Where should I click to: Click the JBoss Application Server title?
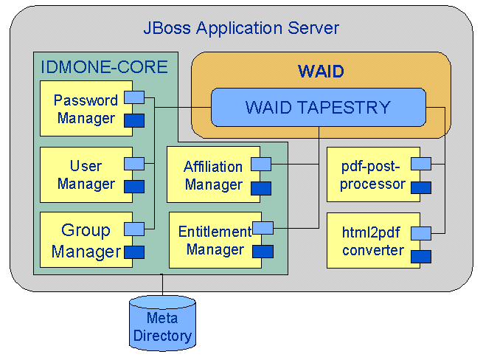click(x=241, y=28)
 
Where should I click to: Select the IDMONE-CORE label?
click(x=104, y=67)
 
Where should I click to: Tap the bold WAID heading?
click(x=321, y=72)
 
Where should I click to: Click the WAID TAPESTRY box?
click(x=319, y=107)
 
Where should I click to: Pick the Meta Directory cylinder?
click(x=162, y=323)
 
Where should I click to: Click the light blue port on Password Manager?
click(x=134, y=97)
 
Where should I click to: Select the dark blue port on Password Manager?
click(x=134, y=120)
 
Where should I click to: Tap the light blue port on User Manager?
click(x=134, y=164)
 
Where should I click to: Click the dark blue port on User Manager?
click(x=134, y=187)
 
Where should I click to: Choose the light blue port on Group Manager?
click(x=134, y=229)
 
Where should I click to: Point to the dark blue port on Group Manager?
click(x=134, y=252)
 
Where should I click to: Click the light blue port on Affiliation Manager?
click(x=261, y=164)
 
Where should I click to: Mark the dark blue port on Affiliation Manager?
click(x=261, y=188)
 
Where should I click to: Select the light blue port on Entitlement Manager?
click(x=263, y=228)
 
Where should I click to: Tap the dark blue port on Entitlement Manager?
click(x=263, y=252)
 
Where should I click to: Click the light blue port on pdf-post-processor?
click(x=421, y=164)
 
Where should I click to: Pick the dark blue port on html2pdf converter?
click(x=421, y=257)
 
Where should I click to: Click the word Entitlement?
click(x=215, y=232)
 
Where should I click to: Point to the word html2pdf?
click(x=371, y=232)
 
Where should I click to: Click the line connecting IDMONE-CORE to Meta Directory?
click(x=162, y=285)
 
